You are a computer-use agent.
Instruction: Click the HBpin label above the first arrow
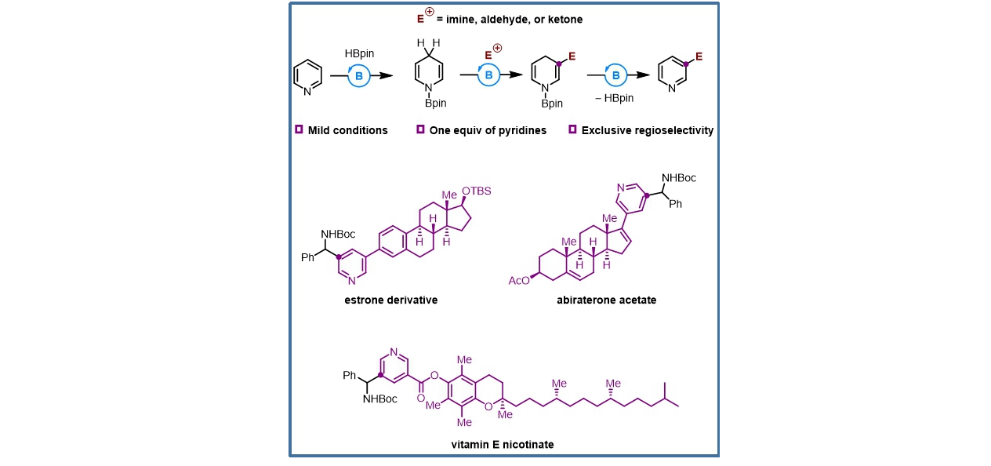359,53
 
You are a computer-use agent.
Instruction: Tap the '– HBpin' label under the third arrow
614,98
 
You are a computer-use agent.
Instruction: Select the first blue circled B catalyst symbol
359,76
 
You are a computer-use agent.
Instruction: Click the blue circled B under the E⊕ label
488,75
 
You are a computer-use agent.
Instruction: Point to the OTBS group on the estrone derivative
477,191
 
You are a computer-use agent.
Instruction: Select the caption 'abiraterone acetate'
606,300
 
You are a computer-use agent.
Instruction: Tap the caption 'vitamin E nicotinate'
503,445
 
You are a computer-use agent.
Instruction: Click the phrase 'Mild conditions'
347,130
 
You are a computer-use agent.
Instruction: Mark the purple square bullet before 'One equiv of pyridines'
420,129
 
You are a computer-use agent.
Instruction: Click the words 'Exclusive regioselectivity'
647,130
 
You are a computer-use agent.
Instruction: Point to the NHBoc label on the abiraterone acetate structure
679,178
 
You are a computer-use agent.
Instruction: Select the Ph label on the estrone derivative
308,257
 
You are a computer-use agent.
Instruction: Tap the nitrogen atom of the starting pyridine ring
307,91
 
